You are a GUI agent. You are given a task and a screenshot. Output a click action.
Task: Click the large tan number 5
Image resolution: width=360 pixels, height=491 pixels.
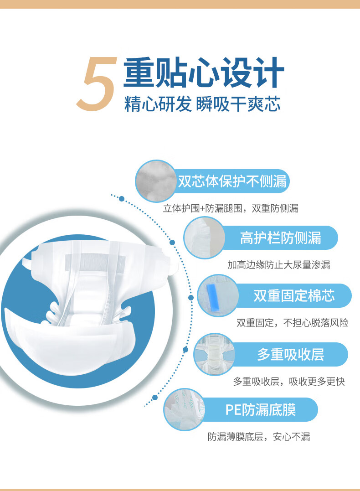click(97, 83)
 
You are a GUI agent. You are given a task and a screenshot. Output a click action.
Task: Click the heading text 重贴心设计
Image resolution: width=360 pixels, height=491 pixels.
click(204, 72)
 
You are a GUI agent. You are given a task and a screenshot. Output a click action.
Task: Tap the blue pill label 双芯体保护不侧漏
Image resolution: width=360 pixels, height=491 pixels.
click(232, 181)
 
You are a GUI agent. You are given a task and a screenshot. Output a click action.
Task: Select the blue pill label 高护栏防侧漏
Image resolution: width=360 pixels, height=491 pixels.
click(280, 238)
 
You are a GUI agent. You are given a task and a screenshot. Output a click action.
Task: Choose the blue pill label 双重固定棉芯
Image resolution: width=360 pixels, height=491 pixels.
click(293, 295)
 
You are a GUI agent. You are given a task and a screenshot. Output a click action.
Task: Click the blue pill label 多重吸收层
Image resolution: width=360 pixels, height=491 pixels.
click(290, 355)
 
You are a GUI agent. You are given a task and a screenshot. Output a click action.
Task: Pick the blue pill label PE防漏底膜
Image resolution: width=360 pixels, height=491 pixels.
click(261, 409)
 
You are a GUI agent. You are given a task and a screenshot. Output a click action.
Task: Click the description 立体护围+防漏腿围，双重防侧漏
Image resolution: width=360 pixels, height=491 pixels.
click(231, 208)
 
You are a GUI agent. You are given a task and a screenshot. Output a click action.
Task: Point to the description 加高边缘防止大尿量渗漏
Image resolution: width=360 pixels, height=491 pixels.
click(278, 265)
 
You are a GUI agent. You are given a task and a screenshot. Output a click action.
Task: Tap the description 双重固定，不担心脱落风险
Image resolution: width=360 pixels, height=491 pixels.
click(293, 322)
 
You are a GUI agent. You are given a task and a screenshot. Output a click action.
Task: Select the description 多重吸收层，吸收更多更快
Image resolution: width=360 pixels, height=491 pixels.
click(289, 382)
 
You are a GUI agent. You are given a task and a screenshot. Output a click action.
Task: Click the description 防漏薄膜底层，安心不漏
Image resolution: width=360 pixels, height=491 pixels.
click(259, 436)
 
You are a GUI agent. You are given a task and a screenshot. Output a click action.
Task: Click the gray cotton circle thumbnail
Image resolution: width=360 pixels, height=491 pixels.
click(156, 181)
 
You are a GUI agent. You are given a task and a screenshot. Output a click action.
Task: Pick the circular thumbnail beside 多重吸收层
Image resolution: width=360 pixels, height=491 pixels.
click(215, 355)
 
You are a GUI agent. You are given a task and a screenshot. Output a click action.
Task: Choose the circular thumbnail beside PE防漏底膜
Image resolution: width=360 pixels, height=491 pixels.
click(185, 409)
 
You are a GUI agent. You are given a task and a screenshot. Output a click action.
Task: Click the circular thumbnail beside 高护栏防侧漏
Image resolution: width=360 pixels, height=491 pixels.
click(204, 238)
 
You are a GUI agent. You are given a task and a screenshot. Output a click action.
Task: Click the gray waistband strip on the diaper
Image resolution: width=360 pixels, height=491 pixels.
click(95, 262)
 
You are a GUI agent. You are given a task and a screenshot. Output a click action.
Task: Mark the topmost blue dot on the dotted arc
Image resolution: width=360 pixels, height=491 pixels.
click(122, 199)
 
